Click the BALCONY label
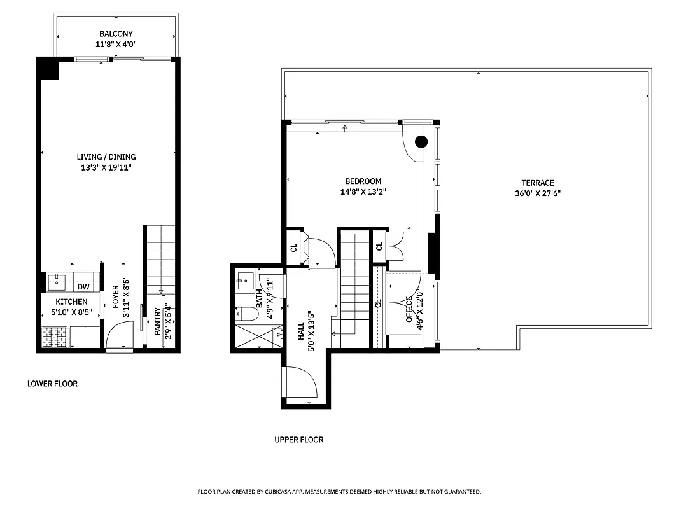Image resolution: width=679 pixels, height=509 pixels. coord(116,34)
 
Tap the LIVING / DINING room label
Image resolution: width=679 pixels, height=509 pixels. coord(106,157)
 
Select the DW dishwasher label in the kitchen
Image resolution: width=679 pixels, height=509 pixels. coord(83,287)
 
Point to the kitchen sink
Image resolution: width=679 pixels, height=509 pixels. coord(57,278)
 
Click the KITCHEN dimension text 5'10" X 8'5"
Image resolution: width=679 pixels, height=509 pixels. coord(71,312)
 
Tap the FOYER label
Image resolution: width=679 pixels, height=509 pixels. coord(115,298)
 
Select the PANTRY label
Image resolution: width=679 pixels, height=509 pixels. coord(157,322)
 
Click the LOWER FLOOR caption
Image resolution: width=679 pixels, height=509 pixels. coord(52,384)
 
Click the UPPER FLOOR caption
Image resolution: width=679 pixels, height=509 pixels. coord(298,440)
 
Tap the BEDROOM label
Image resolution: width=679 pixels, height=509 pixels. coord(363,181)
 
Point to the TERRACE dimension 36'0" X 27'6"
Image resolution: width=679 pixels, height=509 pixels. coord(538,194)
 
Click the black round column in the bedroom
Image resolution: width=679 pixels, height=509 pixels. coord(421,142)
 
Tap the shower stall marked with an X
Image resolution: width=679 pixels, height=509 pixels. coord(258,335)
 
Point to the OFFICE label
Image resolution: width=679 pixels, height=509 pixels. coord(410,309)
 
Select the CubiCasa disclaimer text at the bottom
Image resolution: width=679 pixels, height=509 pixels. coord(339,492)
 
